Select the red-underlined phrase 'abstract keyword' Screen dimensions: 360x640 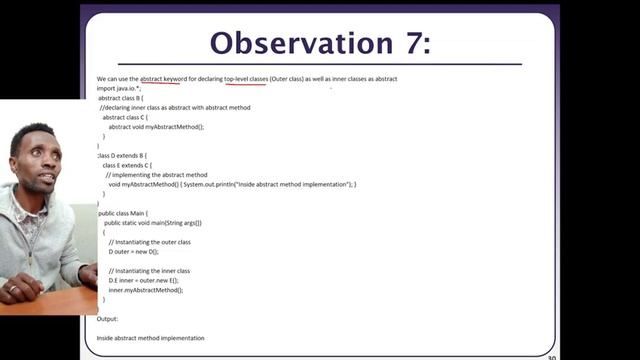click(169, 78)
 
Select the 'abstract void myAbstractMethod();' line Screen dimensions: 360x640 click(156, 127)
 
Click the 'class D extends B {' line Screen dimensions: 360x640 click(122, 156)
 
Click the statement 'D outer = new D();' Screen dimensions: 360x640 click(134, 252)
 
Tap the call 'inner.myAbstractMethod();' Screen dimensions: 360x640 click(146, 290)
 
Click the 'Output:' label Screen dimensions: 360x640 click(108, 319)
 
